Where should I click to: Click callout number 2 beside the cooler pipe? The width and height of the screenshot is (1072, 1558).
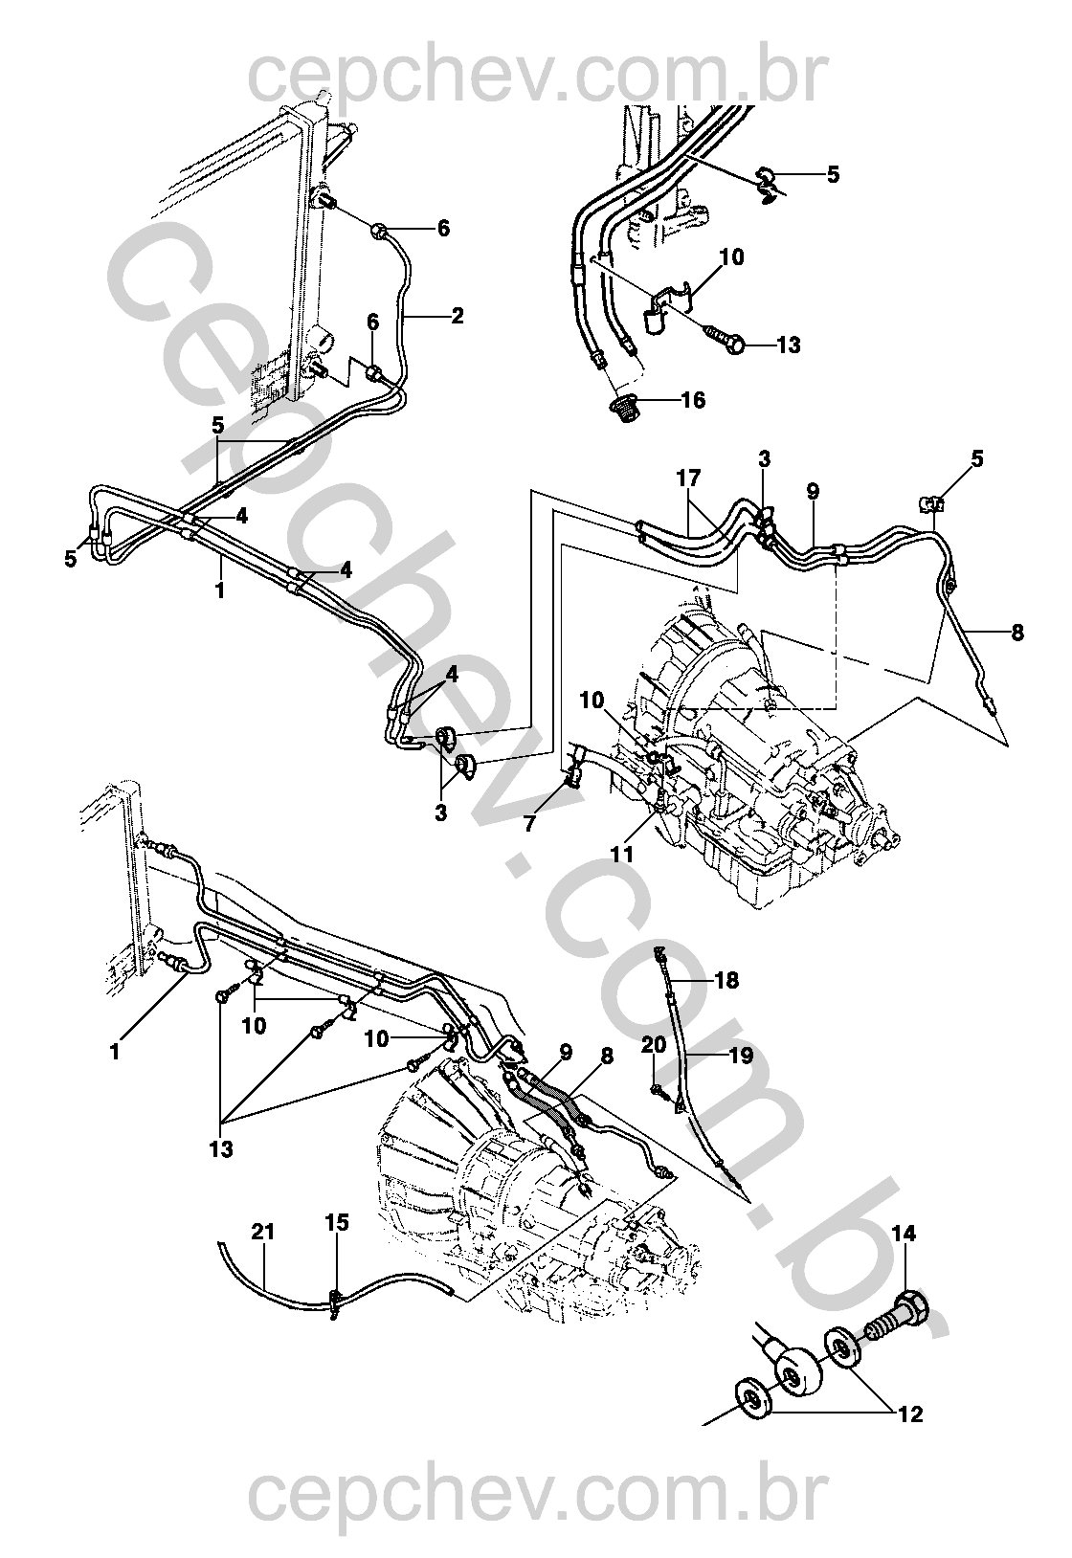(x=458, y=315)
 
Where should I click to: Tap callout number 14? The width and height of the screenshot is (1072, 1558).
(x=904, y=1235)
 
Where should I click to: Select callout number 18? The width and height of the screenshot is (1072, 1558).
(x=726, y=981)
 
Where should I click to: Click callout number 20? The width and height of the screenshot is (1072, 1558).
(x=654, y=1045)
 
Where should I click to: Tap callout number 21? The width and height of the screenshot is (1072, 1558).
(x=263, y=1232)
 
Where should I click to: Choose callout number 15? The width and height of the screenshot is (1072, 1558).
(x=337, y=1222)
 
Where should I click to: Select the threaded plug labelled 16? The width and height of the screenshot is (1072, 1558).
(x=627, y=408)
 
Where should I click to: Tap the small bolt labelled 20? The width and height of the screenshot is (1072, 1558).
(x=658, y=1088)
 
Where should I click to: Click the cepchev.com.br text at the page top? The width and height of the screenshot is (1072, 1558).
(x=535, y=77)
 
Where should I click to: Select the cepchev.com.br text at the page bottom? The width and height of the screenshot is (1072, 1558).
(x=535, y=1494)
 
